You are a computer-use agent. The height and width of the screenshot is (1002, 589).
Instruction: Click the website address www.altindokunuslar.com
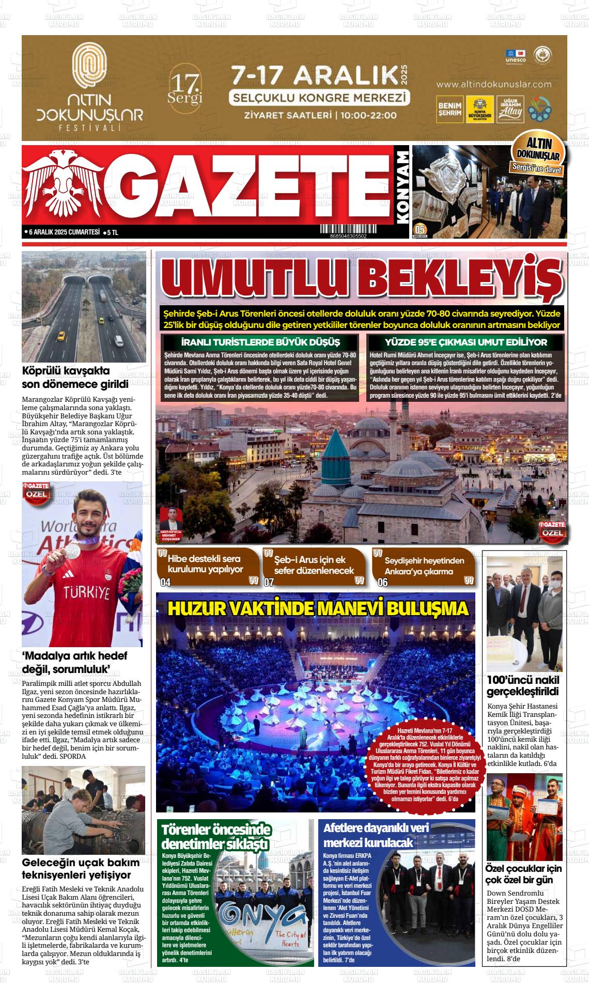coord(493,84)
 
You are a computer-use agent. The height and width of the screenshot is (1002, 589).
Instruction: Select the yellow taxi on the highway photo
coord(61,336)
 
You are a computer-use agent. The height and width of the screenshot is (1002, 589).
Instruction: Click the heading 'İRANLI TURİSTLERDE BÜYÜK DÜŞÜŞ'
coord(260,342)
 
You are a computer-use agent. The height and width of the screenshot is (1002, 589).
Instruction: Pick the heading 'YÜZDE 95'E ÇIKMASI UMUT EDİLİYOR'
coord(466,342)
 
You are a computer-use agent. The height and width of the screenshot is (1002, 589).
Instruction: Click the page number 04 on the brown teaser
coord(165,583)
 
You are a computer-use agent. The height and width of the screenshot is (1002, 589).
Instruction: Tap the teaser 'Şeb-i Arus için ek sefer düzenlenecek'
coord(314,565)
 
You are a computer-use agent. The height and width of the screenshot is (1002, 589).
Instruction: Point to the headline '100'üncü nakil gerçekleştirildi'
coord(523,685)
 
